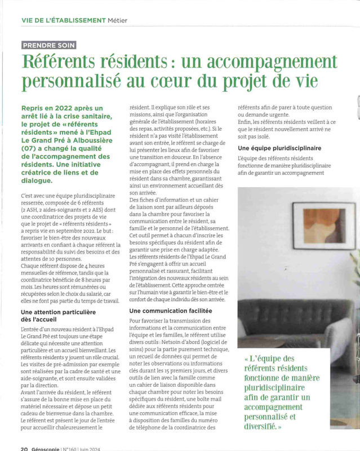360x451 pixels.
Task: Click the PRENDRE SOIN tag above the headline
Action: tap(48, 45)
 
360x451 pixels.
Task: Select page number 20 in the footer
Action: tap(24, 448)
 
